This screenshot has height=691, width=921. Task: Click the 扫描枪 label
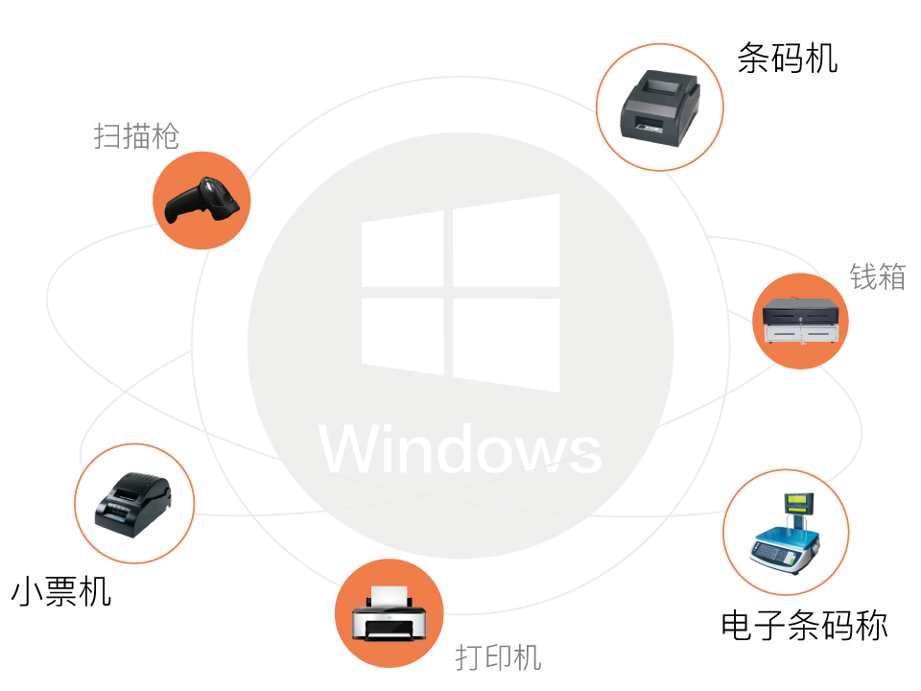(136, 136)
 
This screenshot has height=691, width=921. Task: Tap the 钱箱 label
(877, 276)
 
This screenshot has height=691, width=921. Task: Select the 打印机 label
(498, 657)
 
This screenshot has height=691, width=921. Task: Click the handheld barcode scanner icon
(201, 200)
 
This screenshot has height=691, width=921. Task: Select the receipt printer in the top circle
(660, 107)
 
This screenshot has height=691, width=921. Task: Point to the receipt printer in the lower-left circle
(133, 501)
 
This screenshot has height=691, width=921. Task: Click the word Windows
(460, 448)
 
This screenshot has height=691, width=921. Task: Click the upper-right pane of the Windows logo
(506, 240)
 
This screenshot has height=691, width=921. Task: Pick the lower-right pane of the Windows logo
(506, 344)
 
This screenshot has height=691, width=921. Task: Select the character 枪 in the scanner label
(165, 136)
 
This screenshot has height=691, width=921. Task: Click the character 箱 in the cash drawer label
(891, 276)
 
